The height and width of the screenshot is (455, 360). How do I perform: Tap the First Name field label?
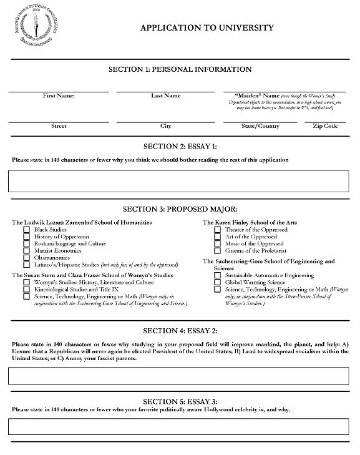pos(59,95)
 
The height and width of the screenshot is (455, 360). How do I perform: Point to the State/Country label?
pos(260,126)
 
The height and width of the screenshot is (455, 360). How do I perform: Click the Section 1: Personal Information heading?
pos(180,69)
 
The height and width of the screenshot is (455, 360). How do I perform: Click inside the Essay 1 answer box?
pos(178,180)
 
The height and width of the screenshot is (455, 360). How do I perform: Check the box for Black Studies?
pos(26,230)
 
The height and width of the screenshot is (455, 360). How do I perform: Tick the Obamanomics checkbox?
pos(26,258)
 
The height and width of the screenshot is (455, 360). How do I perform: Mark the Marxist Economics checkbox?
pos(26,251)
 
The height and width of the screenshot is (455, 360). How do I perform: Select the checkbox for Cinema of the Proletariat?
pos(217,251)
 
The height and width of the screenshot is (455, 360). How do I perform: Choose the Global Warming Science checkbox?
pos(217,283)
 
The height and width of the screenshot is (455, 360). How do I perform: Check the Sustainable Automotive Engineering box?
pos(217,275)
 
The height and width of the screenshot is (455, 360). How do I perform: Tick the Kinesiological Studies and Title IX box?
pos(26,290)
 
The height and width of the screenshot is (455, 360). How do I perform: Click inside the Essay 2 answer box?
pos(178,376)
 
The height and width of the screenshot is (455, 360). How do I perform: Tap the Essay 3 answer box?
pos(178,426)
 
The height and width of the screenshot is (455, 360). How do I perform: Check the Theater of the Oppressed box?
pos(217,230)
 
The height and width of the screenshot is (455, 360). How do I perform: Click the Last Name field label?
pos(165,95)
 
